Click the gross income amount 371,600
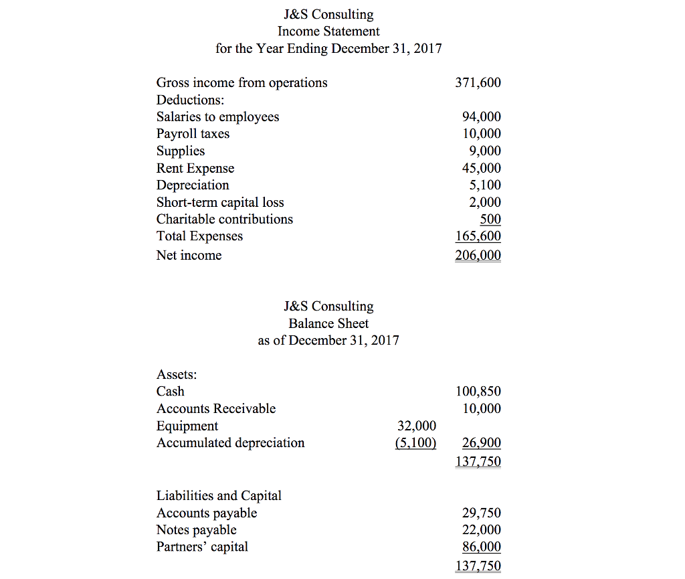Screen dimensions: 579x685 point(478,83)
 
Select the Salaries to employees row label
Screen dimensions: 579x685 point(217,117)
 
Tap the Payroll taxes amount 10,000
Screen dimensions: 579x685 point(481,134)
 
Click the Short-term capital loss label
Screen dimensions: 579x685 point(220,202)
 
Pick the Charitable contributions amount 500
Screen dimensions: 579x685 point(490,219)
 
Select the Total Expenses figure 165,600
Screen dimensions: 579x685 point(478,236)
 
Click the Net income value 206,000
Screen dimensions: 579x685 point(478,255)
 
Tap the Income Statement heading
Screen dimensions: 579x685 point(328,31)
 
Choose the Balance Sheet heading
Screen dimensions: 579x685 point(328,323)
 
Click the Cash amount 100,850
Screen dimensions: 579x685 point(478,392)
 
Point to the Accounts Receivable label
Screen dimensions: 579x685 point(215,408)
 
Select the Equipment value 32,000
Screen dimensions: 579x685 point(416,426)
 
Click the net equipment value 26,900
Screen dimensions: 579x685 point(481,443)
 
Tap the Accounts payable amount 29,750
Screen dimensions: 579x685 point(481,513)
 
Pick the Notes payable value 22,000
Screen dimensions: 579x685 point(481,530)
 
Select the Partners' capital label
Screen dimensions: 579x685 point(202,547)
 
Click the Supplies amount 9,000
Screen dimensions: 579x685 point(484,151)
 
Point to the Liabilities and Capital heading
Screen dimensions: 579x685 point(219,496)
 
